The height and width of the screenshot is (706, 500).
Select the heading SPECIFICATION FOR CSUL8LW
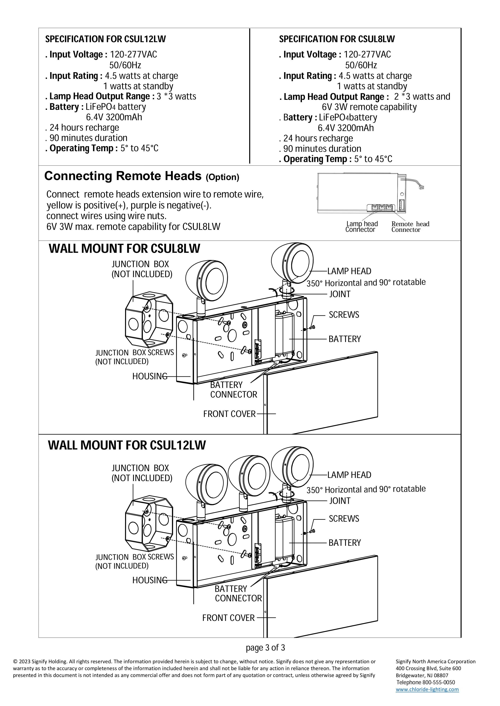(x=337, y=39)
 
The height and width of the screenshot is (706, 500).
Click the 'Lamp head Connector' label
(x=361, y=227)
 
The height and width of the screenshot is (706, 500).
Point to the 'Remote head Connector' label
(x=410, y=227)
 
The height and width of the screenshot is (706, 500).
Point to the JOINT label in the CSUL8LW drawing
(x=340, y=294)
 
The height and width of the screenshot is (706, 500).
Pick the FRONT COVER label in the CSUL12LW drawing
(x=228, y=618)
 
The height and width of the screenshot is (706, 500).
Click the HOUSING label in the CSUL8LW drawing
(x=150, y=376)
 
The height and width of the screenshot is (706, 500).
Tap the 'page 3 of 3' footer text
(x=265, y=648)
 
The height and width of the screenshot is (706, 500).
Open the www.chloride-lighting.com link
(x=427, y=689)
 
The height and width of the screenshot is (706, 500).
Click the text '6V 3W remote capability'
(x=369, y=107)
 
